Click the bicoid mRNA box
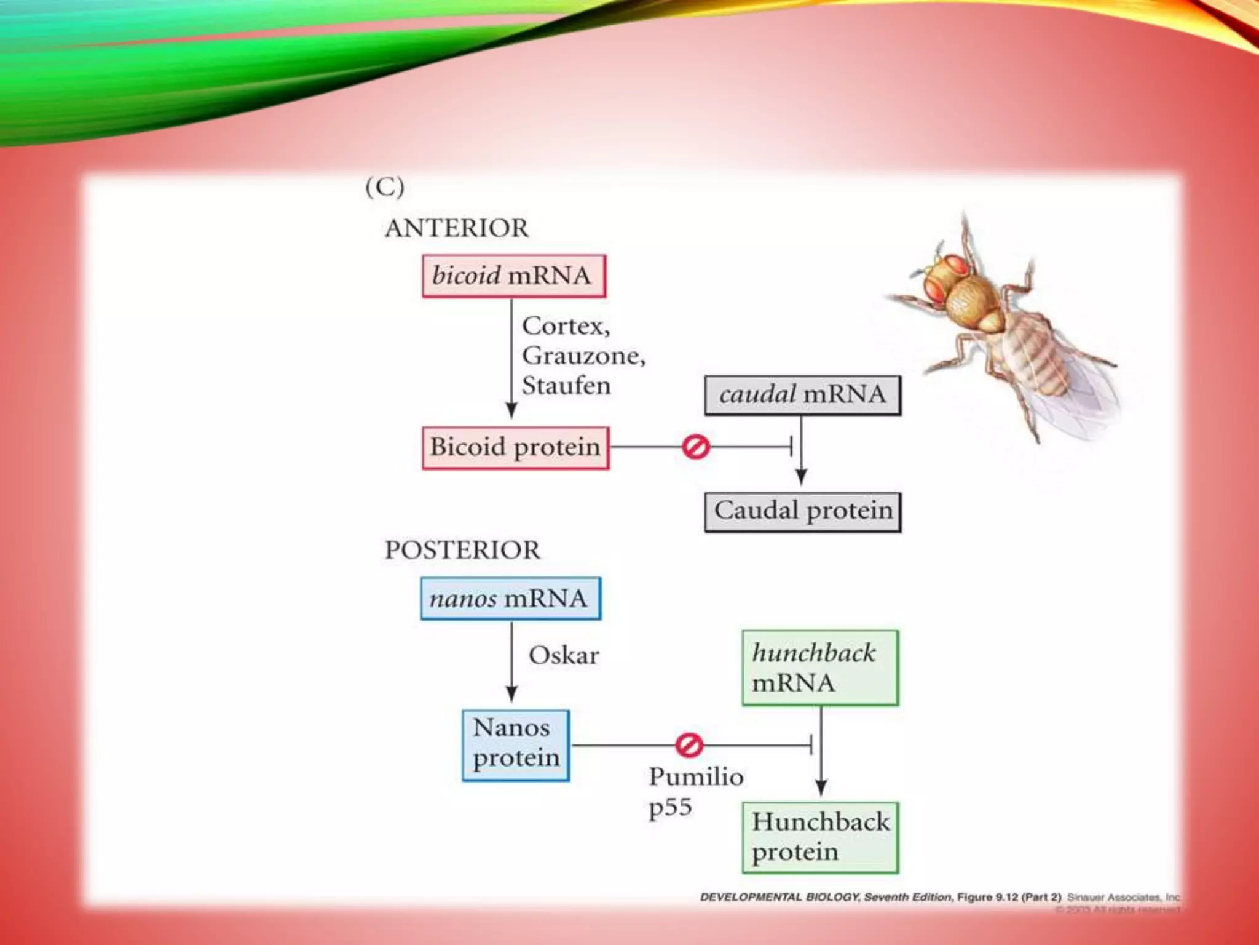[514, 276]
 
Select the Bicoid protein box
[515, 448]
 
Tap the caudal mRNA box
[802, 395]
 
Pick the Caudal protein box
[802, 512]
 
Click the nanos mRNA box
[510, 599]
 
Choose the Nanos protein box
[516, 745]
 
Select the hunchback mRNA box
[819, 668]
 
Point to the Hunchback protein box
[820, 837]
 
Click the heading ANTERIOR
[456, 229]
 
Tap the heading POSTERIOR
[462, 550]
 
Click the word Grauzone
[583, 356]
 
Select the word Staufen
[566, 386]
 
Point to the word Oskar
[564, 656]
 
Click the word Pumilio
[696, 777]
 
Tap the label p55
[670, 807]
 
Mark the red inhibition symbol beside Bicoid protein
[696, 447]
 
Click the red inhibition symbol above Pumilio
[689, 745]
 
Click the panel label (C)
[385, 187]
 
